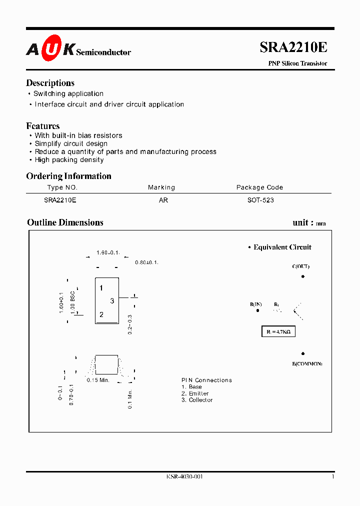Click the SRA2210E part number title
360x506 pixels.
coord(293,47)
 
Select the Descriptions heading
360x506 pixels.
coord(50,83)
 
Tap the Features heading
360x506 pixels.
coord(43,126)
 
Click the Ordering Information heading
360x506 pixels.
coord(68,176)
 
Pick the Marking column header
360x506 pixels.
coord(161,187)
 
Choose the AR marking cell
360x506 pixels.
coord(163,200)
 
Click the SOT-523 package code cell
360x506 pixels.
coord(260,200)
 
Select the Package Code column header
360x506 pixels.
coord(259,187)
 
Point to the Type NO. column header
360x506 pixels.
coord(62,187)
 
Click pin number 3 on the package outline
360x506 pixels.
coord(112,300)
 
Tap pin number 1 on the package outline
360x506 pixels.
coord(101,288)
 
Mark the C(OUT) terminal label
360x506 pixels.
coord(301,266)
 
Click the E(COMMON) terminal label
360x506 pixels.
coord(307,363)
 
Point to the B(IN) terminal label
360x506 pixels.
coord(256,304)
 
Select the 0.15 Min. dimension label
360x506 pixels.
coord(98,380)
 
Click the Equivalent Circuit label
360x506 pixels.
coord(282,247)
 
